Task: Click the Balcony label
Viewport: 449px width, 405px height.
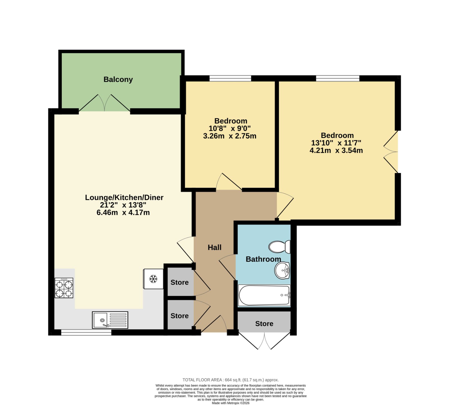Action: point(118,79)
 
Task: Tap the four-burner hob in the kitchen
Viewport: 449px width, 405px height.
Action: point(64,288)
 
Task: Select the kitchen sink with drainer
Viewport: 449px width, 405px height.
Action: point(110,320)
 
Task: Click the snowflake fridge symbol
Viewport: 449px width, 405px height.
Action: point(153,279)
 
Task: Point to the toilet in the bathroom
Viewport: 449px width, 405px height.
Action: point(280,247)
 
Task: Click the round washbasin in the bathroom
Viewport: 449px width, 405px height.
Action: point(282,270)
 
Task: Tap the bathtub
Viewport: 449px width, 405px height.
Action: point(264,295)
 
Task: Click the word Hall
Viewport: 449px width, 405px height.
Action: point(214,247)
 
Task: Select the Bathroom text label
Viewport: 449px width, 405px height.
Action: point(263,259)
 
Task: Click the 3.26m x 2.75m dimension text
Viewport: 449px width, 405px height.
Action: point(230,136)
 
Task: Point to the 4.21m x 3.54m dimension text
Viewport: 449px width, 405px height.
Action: point(336,151)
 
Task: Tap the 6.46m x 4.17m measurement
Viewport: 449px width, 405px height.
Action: point(123,213)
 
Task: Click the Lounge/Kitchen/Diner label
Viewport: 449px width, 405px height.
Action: point(124,197)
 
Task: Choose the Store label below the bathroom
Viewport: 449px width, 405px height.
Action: point(264,324)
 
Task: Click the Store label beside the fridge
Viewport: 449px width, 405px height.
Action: point(180,283)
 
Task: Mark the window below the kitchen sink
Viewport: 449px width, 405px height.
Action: point(86,333)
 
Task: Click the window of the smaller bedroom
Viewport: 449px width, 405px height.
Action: point(230,78)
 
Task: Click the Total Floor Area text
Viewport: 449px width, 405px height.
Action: point(230,380)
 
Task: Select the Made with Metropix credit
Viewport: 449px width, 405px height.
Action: point(230,403)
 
